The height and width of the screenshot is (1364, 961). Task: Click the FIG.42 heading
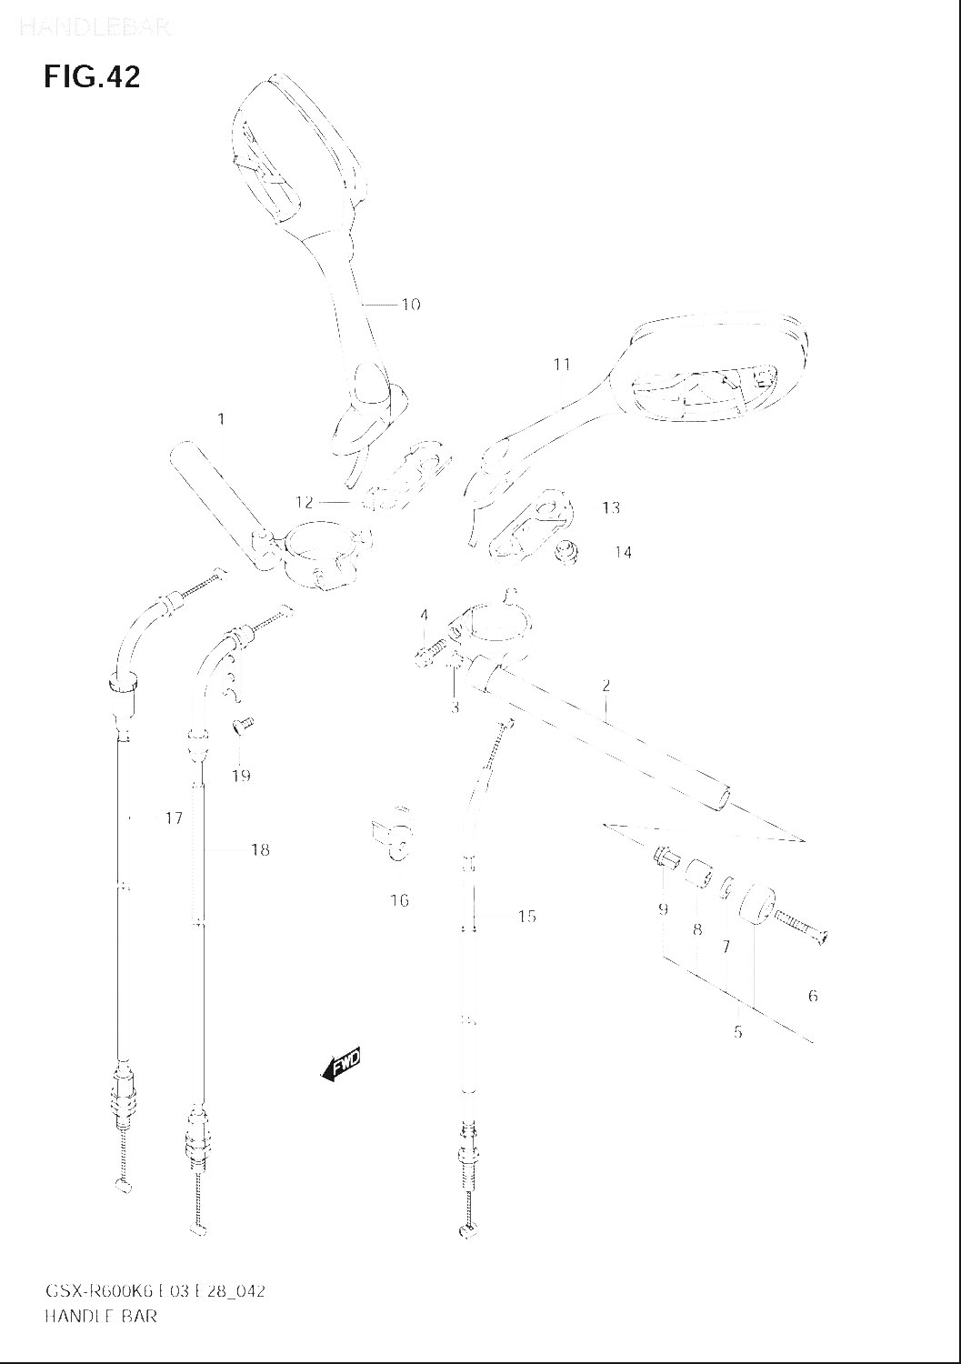point(92,77)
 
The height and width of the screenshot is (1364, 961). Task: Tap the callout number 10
point(411,305)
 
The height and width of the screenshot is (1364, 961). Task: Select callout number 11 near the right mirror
point(562,365)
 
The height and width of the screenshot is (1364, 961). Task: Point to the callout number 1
point(220,419)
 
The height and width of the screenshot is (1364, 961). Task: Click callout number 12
point(304,502)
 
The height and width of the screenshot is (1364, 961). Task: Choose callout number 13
point(610,507)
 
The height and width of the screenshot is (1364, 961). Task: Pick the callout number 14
point(623,552)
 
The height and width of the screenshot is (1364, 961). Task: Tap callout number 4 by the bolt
point(424,616)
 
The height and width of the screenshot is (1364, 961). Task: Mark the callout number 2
point(606,686)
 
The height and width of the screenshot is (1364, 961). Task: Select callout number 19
point(241,776)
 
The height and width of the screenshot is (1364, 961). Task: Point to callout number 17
point(173,818)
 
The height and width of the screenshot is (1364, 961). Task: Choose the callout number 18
point(260,850)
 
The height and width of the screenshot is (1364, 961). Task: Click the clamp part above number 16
point(394,833)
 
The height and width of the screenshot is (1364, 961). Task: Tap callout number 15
point(527,917)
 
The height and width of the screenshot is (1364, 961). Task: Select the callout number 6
point(812,996)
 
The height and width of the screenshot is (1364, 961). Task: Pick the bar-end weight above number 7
point(754,906)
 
